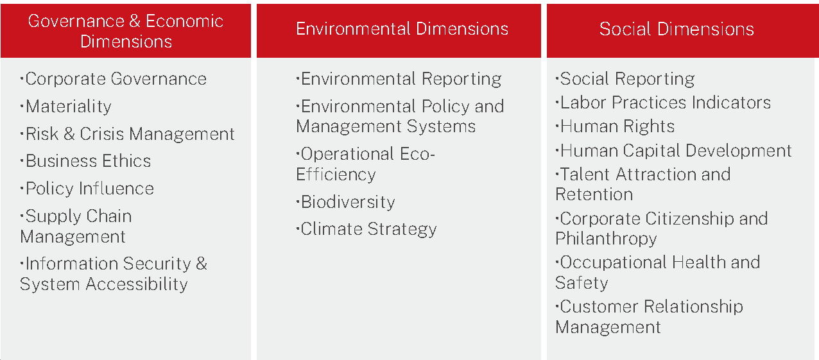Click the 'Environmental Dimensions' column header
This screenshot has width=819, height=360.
click(x=402, y=29)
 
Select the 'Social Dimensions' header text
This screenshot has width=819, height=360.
click(x=677, y=29)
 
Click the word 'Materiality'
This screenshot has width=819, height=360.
click(x=69, y=107)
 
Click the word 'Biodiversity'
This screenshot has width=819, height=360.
click(x=348, y=202)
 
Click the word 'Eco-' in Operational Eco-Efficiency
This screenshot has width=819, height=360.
click(x=417, y=154)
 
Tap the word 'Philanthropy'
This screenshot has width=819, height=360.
click(x=606, y=239)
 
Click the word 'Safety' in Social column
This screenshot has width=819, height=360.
click(x=582, y=283)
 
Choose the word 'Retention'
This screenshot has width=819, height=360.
click(x=594, y=194)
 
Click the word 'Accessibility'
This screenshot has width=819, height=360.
click(x=136, y=284)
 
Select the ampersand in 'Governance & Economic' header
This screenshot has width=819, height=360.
click(x=135, y=21)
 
